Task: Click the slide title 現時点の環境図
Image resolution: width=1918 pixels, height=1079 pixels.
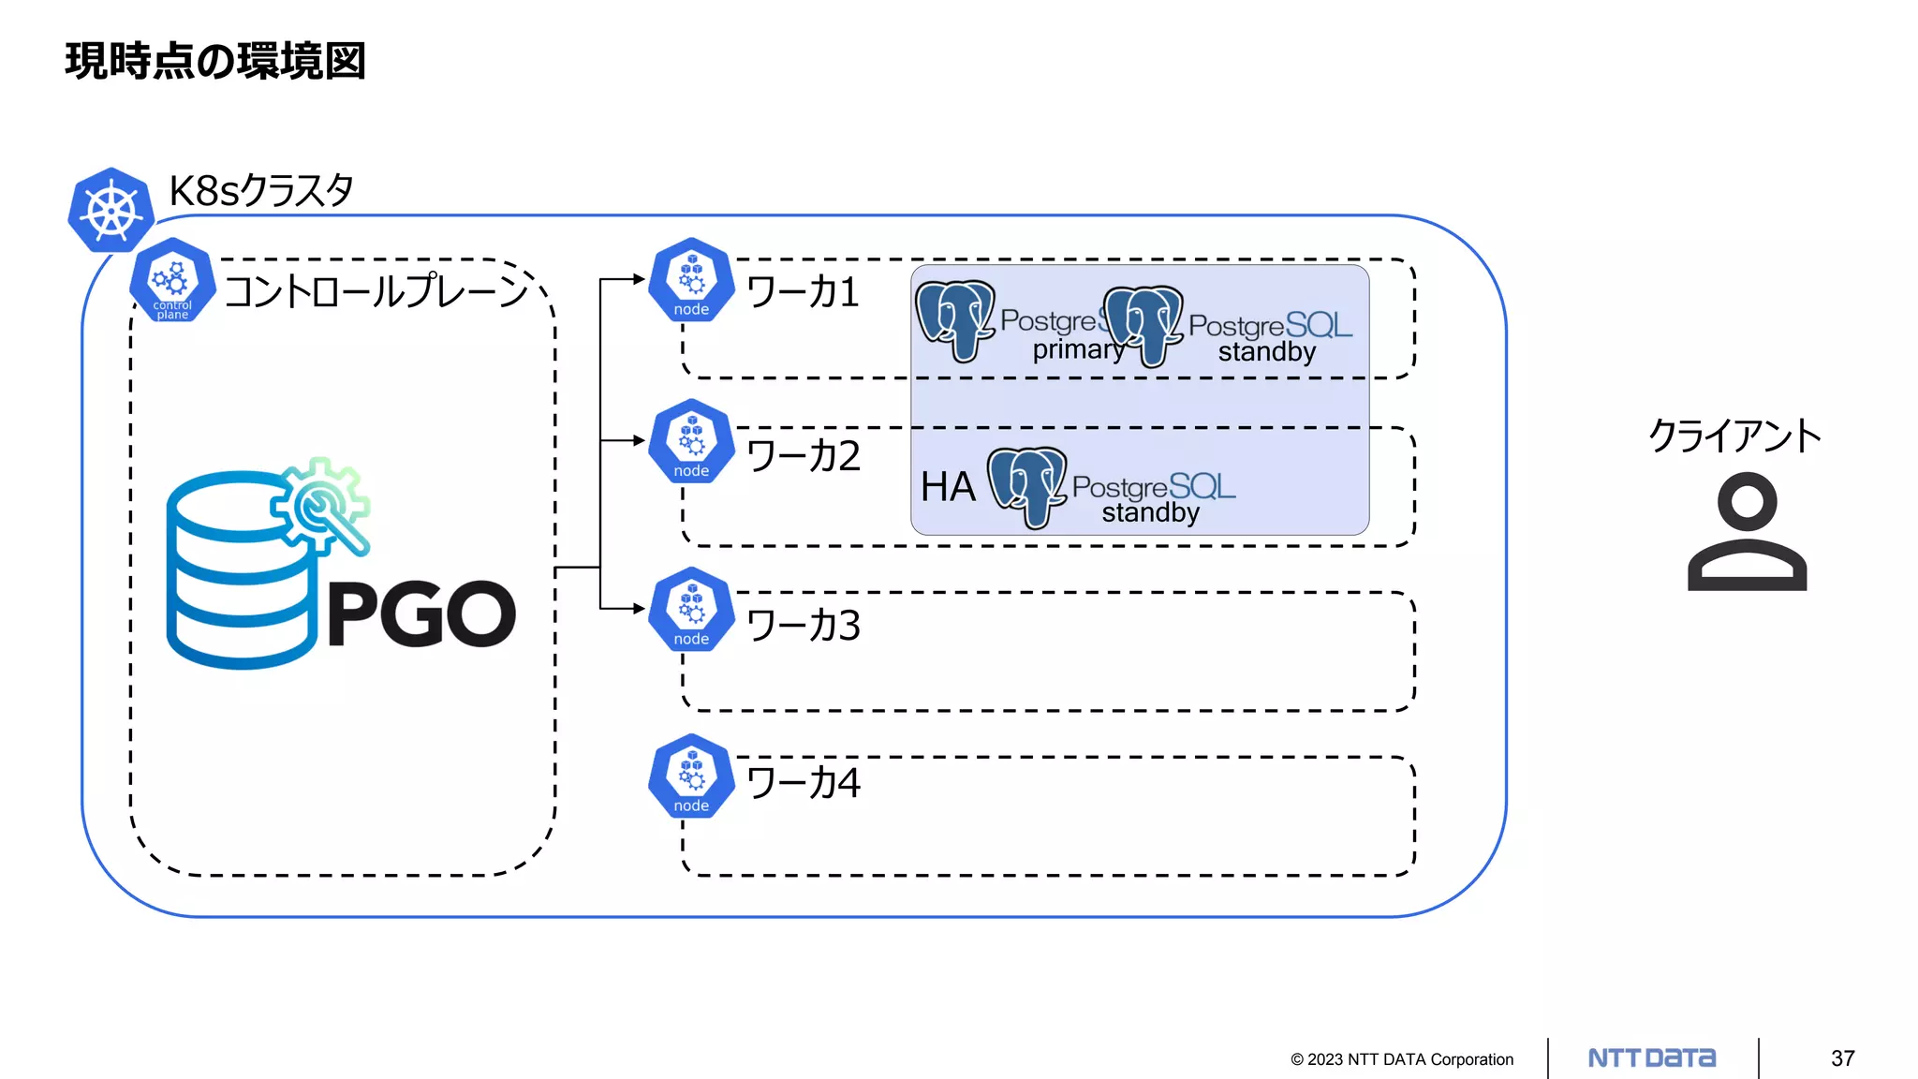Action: pos(215,62)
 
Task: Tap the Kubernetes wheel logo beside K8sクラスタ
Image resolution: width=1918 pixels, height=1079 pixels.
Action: pos(111,210)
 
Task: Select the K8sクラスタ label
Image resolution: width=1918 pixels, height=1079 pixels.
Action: pos(261,191)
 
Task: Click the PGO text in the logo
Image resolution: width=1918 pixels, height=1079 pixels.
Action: pos(421,614)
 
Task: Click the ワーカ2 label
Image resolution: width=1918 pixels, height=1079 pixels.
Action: pos(804,456)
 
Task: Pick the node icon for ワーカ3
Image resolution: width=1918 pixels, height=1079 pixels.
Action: pos(691,610)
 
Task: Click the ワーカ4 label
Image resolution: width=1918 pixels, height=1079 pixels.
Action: pos(804,782)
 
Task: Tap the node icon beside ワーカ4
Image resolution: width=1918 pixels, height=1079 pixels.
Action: pos(691,776)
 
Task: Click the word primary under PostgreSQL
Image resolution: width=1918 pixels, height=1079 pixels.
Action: pos(1078,350)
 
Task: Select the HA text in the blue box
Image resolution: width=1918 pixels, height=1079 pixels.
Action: pos(948,487)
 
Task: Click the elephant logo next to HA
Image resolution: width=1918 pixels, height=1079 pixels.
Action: pos(1026,485)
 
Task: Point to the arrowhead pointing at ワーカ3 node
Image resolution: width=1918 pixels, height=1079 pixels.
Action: pos(639,609)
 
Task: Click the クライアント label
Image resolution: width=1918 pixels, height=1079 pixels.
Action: pos(1734,436)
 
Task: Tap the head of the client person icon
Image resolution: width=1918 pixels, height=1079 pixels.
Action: pos(1747,501)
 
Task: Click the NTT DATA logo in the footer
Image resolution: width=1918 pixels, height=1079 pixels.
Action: pos(1652,1058)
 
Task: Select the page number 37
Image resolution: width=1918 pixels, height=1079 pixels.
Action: pos(1842,1058)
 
